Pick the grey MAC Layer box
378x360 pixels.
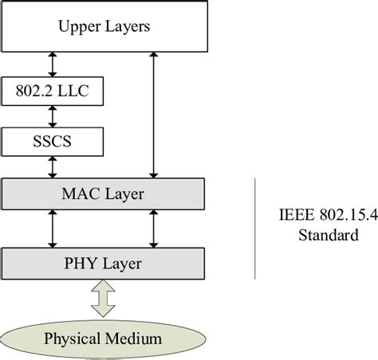tap(104, 194)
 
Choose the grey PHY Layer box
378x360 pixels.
tap(104, 261)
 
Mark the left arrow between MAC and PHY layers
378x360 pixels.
tap(52, 228)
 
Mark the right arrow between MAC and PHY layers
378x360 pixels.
tap(153, 228)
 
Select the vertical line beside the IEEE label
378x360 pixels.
tap(255, 229)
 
